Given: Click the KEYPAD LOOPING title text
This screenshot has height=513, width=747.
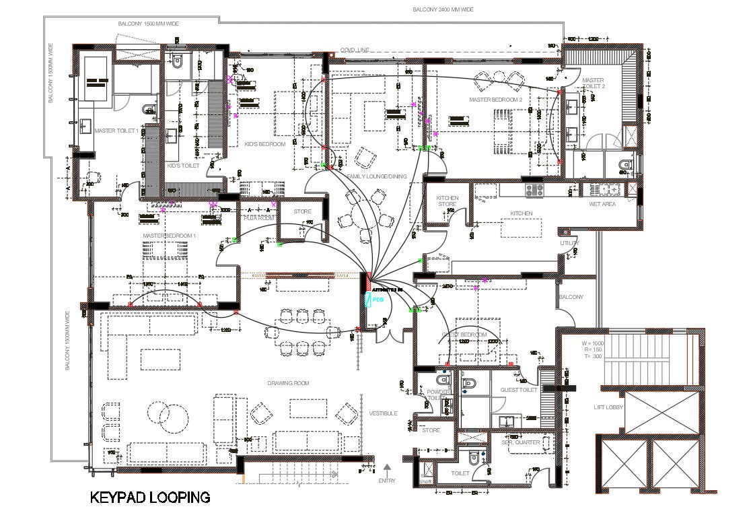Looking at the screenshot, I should click(x=150, y=498).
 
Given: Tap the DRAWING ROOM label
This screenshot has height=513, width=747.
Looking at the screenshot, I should click(x=288, y=383).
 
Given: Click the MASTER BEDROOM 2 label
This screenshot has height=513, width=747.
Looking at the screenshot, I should click(x=496, y=100).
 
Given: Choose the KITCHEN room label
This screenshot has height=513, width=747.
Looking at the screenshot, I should click(x=521, y=213).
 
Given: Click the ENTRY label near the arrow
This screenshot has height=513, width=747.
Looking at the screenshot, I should click(x=388, y=481).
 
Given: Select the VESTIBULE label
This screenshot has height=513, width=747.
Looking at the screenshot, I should click(x=383, y=413).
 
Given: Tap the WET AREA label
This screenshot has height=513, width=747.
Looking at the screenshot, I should click(x=602, y=203).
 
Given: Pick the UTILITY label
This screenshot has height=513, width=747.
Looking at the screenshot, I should click(x=569, y=243).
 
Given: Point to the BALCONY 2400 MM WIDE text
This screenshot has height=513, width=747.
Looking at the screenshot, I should click(x=443, y=10).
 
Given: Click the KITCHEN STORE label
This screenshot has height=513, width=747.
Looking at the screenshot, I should click(x=448, y=201).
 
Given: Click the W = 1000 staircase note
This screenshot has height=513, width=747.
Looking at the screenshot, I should click(x=594, y=343).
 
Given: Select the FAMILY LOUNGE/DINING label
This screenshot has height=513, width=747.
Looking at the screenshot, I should click(x=377, y=176).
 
